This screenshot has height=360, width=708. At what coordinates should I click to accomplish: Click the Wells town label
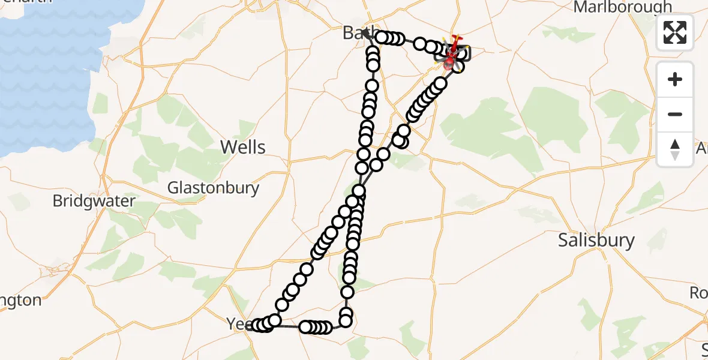pos(242,147)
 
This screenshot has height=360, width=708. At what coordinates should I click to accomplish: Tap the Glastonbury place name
pos(213,188)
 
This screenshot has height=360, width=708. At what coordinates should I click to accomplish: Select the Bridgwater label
pos(94,200)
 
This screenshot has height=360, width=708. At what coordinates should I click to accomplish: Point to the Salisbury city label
pos(596,240)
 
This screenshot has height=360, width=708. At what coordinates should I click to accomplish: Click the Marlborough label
pos(623,7)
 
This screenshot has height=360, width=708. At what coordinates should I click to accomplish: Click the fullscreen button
pos(675,32)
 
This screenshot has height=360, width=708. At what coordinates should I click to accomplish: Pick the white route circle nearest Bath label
pos(382,38)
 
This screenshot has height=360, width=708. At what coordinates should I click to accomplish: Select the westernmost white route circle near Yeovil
pos(257,325)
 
